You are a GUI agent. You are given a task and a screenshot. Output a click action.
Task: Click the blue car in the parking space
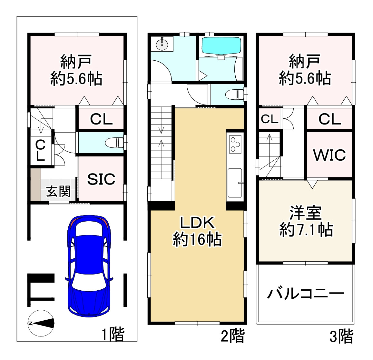(x=89, y=265)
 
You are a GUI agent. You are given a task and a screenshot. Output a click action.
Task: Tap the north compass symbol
(x=41, y=323)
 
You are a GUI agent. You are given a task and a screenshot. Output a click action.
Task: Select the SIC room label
(x=101, y=179)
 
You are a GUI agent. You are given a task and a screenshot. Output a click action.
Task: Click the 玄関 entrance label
(x=58, y=192)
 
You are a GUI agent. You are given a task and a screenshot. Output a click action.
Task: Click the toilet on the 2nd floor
(x=234, y=95)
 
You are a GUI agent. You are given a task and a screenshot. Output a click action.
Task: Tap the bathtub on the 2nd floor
(x=221, y=46)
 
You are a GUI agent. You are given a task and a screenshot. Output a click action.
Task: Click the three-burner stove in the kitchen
(x=235, y=144)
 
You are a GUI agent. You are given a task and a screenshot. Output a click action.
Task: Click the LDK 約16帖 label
(x=197, y=231)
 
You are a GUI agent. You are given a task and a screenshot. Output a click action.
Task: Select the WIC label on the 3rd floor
(x=329, y=155)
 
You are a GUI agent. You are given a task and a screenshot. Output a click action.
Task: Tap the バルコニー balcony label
(x=306, y=294)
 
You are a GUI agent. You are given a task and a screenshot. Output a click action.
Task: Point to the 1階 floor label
(x=113, y=334)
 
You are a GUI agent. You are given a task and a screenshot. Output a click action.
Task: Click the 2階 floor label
(x=232, y=336)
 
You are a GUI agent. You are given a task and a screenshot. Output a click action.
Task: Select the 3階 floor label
(x=341, y=336)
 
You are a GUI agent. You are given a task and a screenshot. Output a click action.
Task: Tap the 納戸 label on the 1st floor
(x=76, y=70)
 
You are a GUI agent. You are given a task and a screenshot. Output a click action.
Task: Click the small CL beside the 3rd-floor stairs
(x=270, y=119)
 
